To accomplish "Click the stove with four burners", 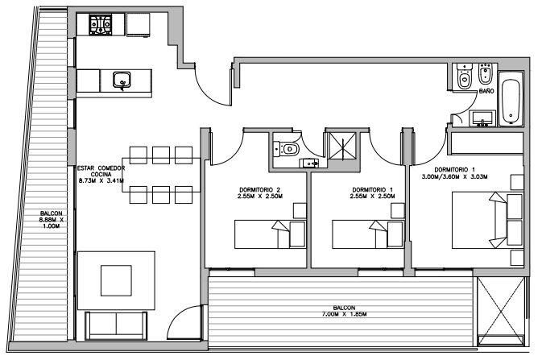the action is click(x=101, y=24).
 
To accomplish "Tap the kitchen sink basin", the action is click(x=122, y=80).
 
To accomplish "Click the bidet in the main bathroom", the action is click(x=486, y=74).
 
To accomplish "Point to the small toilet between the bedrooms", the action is click(x=286, y=149).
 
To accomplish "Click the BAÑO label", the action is click(x=486, y=91).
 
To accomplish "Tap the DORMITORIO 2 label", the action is click(x=260, y=190).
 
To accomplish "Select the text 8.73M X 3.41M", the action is click(x=101, y=180).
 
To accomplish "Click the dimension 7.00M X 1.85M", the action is click(x=344, y=314).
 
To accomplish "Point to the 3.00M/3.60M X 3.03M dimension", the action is click(x=454, y=176).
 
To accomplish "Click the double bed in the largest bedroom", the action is click(x=487, y=221).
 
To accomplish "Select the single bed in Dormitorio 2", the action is click(x=271, y=234).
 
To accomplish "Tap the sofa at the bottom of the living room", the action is click(x=116, y=326).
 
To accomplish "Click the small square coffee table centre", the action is click(x=116, y=280).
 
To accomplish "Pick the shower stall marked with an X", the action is click(x=342, y=147).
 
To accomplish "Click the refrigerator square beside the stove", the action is click(x=138, y=24).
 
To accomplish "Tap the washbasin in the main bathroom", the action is click(x=482, y=118).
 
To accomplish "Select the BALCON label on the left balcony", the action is click(x=52, y=213).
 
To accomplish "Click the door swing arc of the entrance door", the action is click(x=210, y=91).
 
